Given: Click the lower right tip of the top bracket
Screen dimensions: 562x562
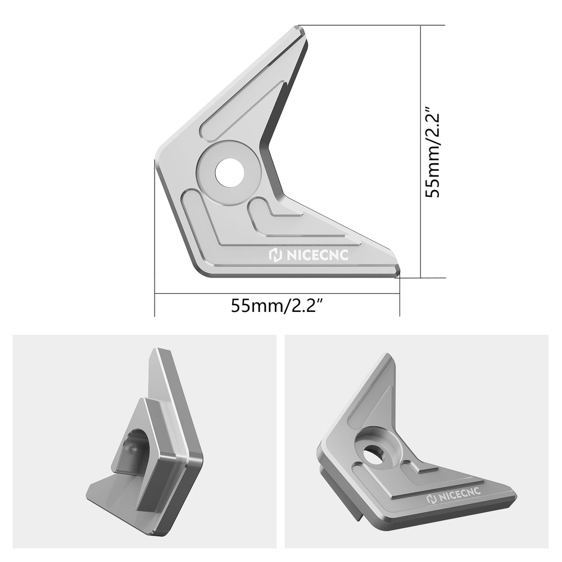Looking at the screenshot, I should click(398, 273).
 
